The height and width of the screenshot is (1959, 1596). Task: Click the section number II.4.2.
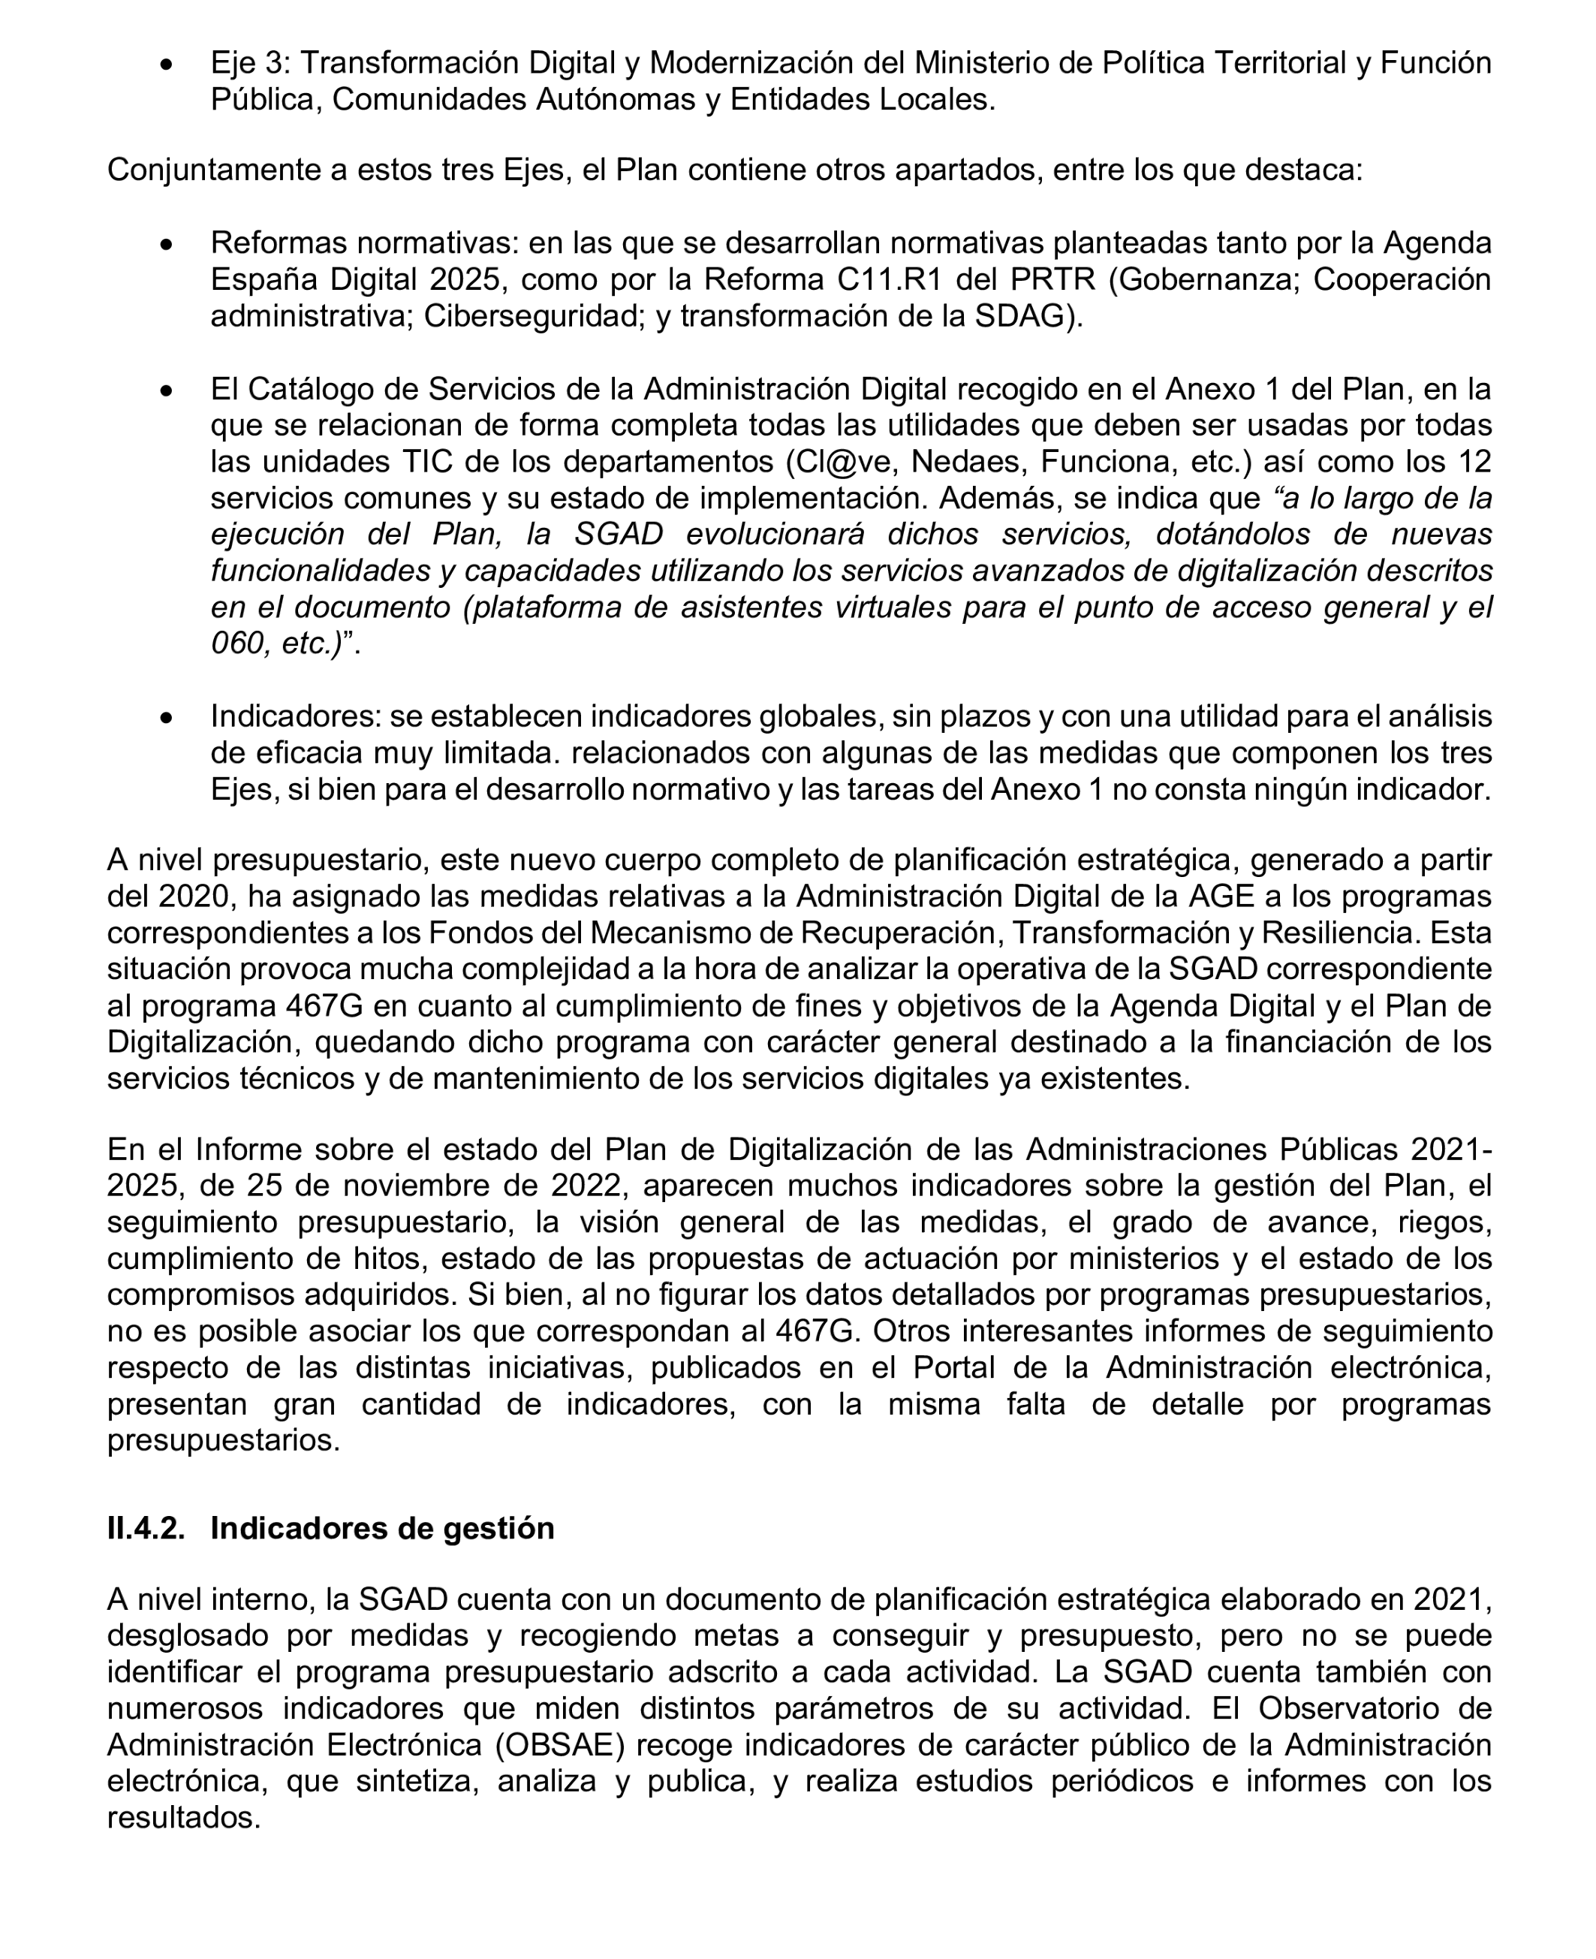click(x=145, y=1528)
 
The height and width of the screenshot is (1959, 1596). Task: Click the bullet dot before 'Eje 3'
click(x=167, y=65)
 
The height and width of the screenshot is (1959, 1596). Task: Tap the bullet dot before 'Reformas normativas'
click(x=167, y=246)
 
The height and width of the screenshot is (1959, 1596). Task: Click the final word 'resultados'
click(x=183, y=1817)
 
